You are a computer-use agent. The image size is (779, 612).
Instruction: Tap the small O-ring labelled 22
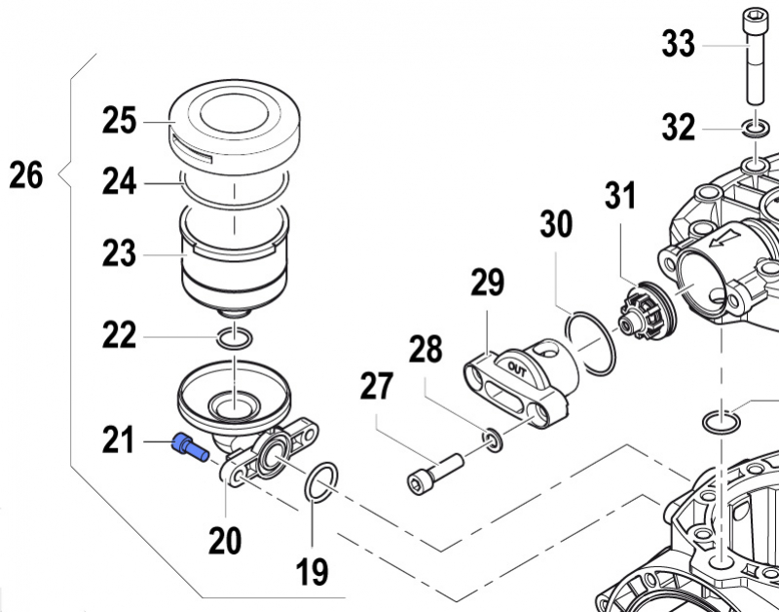[234, 338]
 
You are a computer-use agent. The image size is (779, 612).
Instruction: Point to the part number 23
[120, 255]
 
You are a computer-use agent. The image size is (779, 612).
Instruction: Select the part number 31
[619, 198]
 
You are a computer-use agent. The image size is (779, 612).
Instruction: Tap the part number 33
[678, 44]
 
